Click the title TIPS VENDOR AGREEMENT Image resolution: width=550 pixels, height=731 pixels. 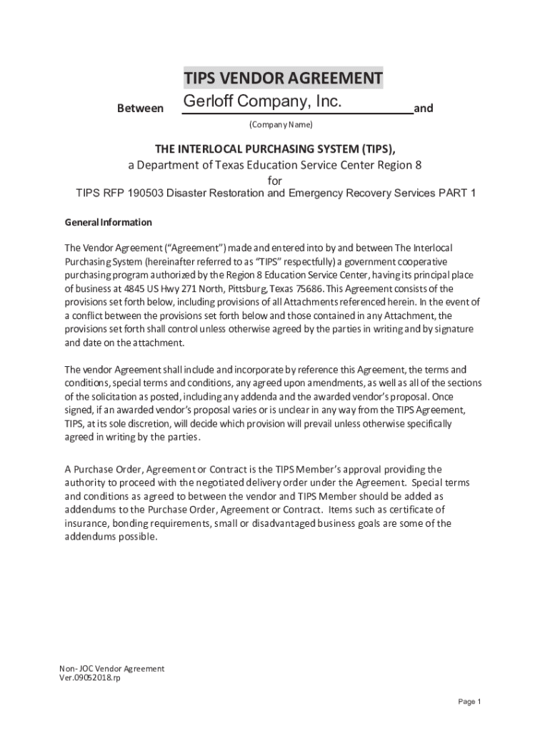pos(283,78)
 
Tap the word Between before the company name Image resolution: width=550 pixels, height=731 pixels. pos(140,109)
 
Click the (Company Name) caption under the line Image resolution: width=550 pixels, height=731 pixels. pos(281,125)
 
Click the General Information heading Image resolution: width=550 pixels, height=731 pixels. pos(109,222)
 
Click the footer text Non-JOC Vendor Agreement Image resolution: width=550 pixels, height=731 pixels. pos(112,668)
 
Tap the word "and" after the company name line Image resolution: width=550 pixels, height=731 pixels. pos(424,109)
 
